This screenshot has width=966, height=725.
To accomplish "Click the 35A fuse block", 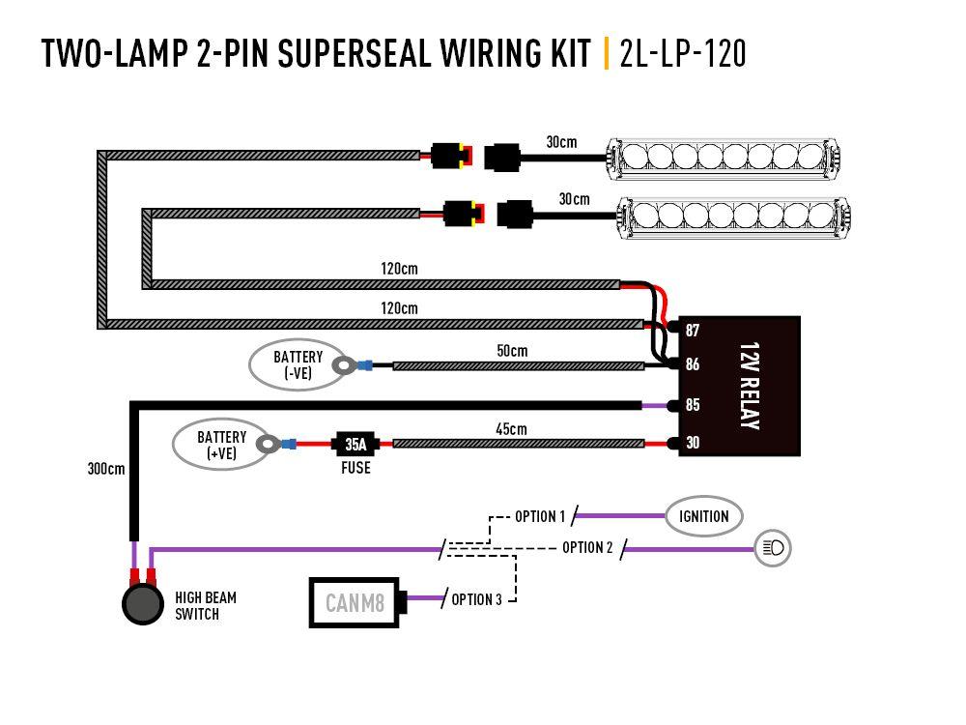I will click(355, 445).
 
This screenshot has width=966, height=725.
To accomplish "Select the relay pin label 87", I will click(693, 331).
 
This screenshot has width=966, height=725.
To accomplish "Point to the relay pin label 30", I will click(693, 444).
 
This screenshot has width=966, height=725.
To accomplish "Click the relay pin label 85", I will click(693, 405).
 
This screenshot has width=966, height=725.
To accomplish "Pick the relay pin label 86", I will click(693, 365).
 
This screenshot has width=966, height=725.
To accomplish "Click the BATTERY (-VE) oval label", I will click(298, 364).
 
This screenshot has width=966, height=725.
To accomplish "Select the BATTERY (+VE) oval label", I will click(221, 444).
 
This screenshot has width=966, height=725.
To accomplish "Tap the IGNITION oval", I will click(703, 516).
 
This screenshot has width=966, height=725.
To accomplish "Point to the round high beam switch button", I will click(142, 604).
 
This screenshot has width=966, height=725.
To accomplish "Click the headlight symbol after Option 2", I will click(774, 548).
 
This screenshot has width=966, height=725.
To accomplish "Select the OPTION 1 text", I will click(539, 516).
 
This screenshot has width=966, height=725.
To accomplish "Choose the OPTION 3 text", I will click(476, 600).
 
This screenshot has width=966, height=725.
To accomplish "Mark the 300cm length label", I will click(104, 469).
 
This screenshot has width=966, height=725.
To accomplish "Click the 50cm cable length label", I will click(512, 351).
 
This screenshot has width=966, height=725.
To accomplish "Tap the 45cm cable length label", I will click(511, 428).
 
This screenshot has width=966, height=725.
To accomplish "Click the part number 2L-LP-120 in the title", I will click(683, 53).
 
